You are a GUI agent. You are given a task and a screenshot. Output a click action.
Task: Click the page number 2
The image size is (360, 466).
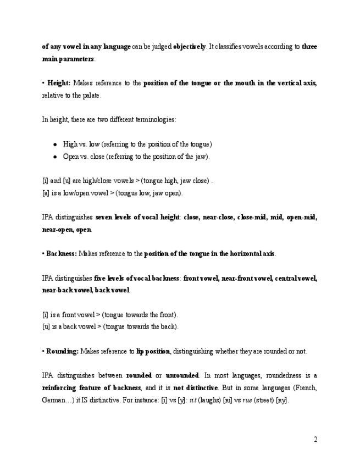[x=315, y=439]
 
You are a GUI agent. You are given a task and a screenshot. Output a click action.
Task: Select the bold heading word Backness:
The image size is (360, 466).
[x=62, y=254]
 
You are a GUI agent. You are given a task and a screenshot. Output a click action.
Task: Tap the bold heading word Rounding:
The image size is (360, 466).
[x=62, y=351]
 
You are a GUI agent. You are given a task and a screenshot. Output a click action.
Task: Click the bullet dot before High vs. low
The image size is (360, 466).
[x=55, y=145]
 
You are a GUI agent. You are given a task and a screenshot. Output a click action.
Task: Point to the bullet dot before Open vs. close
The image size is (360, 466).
[x=55, y=157]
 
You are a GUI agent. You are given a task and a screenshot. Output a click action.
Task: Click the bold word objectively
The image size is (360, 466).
[x=189, y=47]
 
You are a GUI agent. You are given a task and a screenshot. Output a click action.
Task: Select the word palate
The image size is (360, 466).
[x=91, y=95]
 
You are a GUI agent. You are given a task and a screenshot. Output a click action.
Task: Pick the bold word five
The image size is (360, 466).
[x=101, y=278]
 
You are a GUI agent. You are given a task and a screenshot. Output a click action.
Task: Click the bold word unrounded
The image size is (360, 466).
[x=182, y=376]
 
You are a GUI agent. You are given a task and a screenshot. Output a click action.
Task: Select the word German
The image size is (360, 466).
[x=53, y=400]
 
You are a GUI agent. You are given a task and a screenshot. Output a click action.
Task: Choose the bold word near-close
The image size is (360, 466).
[x=218, y=218]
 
